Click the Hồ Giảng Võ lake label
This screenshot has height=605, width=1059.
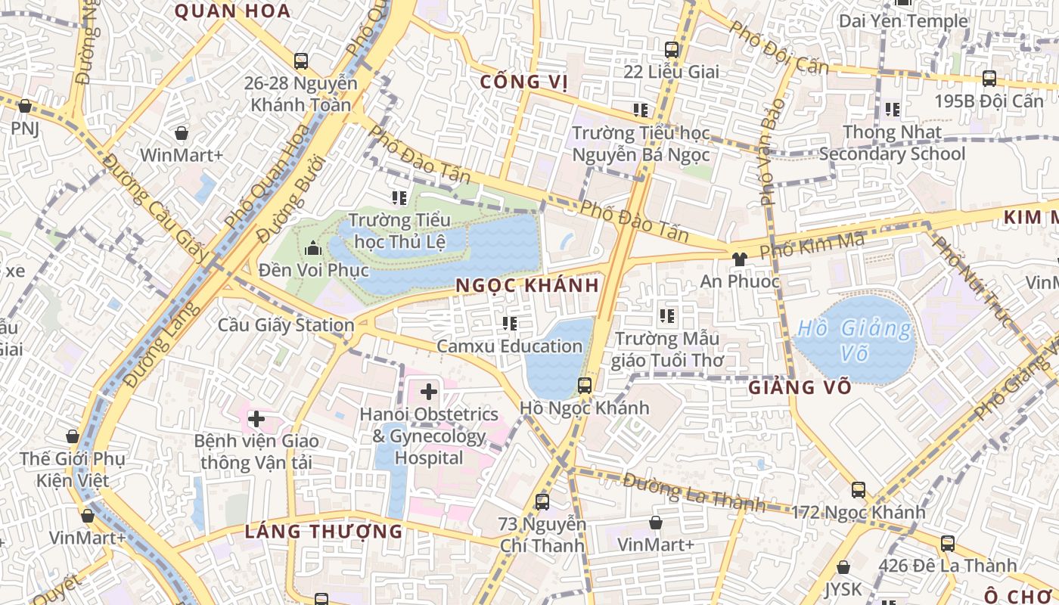pyautogui.click(x=854, y=340)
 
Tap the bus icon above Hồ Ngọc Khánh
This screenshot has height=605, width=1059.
pyautogui.click(x=585, y=385)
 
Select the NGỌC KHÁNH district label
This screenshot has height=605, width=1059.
pyautogui.click(x=528, y=285)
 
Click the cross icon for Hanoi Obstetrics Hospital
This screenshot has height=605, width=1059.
pyautogui.click(x=429, y=392)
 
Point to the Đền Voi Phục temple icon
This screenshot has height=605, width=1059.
pyautogui.click(x=313, y=248)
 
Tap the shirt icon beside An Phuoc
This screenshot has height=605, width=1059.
pyautogui.click(x=739, y=259)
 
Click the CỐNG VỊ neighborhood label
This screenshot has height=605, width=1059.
pyautogui.click(x=523, y=82)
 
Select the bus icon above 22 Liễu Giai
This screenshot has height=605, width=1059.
pyautogui.click(x=672, y=50)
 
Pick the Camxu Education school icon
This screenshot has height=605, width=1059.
pyautogui.click(x=510, y=324)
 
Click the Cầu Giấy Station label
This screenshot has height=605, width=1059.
pyautogui.click(x=286, y=325)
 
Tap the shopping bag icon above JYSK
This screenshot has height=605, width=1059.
pyautogui.click(x=843, y=567)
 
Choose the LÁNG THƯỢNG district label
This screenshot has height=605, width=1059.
pyautogui.click(x=324, y=532)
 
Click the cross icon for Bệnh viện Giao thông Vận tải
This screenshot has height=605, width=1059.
pyautogui.click(x=256, y=418)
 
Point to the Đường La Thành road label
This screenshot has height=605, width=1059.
pyautogui.click(x=694, y=492)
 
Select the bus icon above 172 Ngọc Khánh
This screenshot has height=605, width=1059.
pyautogui.click(x=859, y=489)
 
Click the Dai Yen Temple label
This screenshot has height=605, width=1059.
pyautogui.click(x=903, y=21)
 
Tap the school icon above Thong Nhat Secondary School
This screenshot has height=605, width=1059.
pyautogui.click(x=893, y=110)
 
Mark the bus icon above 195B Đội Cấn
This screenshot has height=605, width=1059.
pyautogui.click(x=989, y=78)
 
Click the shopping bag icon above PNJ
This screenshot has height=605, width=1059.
pyautogui.click(x=25, y=106)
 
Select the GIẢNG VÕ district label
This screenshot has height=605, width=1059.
pyautogui.click(x=800, y=388)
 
